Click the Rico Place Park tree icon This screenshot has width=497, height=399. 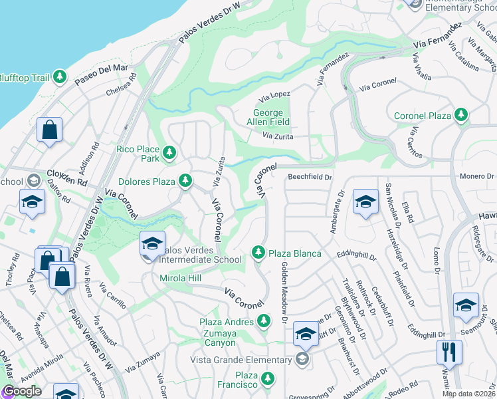[169, 154]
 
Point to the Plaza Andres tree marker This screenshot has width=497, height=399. [263, 322]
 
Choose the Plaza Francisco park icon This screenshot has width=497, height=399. [267, 380]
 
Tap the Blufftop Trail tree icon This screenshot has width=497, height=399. [60, 78]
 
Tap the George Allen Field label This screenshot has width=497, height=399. [272, 118]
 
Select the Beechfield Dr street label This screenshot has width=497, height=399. [309, 177]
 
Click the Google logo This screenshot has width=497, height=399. [22, 392]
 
